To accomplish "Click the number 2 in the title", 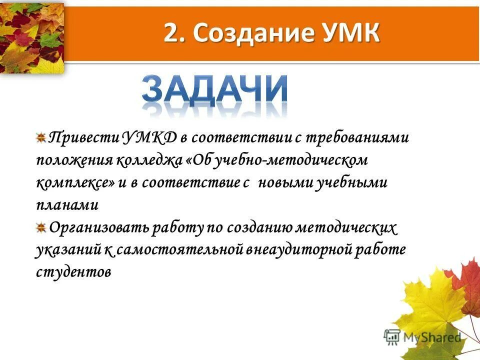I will [170, 34].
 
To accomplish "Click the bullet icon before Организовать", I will [41, 228].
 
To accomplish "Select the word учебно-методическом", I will [295, 160].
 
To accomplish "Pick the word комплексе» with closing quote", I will [75, 183].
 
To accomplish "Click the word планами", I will [67, 205].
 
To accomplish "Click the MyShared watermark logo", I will [422, 336].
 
